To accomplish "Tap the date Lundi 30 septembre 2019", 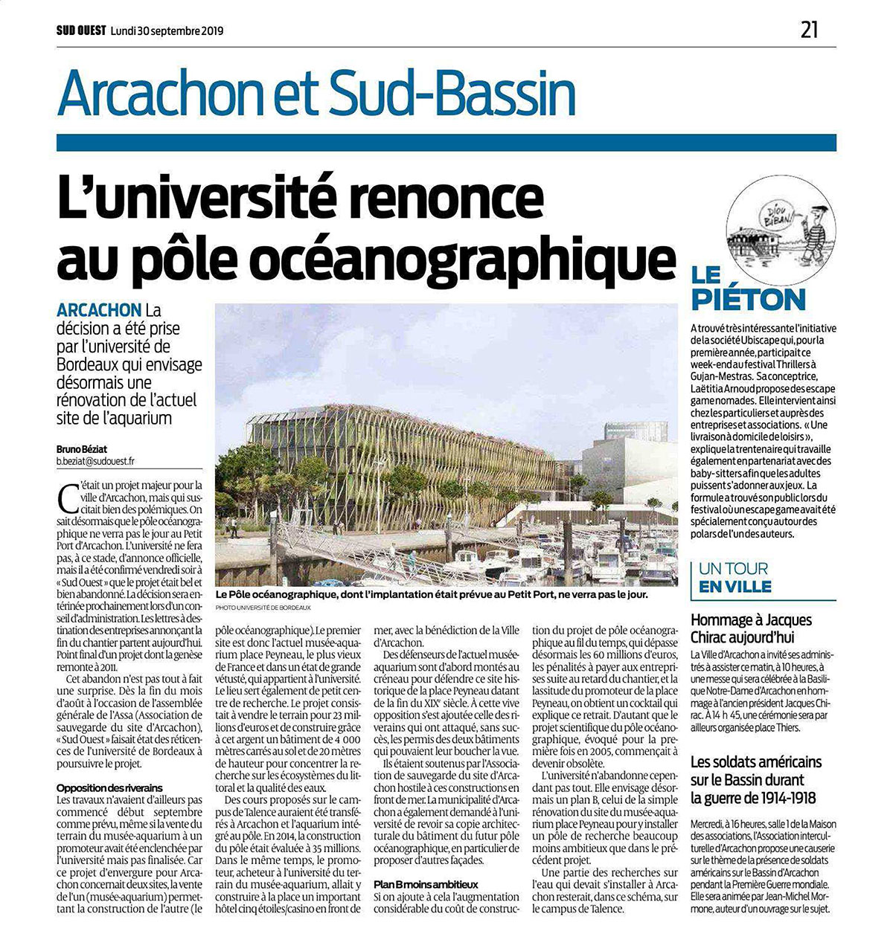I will click(167, 31).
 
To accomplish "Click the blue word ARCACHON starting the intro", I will click(99, 309).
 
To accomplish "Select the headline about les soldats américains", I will click(755, 780).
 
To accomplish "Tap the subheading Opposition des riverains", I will click(109, 788).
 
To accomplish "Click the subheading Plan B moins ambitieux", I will click(425, 885).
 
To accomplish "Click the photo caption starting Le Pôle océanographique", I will click(432, 596).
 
